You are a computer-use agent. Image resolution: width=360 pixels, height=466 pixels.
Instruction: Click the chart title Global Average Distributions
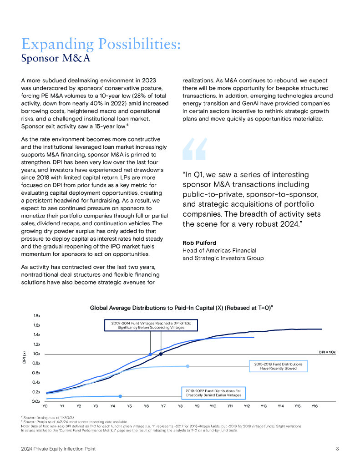coord(181,308)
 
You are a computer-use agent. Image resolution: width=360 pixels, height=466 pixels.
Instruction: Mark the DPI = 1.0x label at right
coord(326,352)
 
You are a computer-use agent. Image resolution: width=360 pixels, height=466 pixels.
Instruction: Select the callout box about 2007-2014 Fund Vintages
coord(151,325)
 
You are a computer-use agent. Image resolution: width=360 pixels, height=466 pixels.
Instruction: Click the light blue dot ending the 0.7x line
coord(188,366)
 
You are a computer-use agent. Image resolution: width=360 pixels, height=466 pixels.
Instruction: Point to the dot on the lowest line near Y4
coord(120,396)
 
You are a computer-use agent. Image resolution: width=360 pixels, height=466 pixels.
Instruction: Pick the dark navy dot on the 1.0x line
coord(161,354)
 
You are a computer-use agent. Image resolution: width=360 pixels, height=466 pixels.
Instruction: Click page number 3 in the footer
coord(337,449)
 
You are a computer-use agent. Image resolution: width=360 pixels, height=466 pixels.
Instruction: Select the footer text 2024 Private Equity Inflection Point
coord(58,449)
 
